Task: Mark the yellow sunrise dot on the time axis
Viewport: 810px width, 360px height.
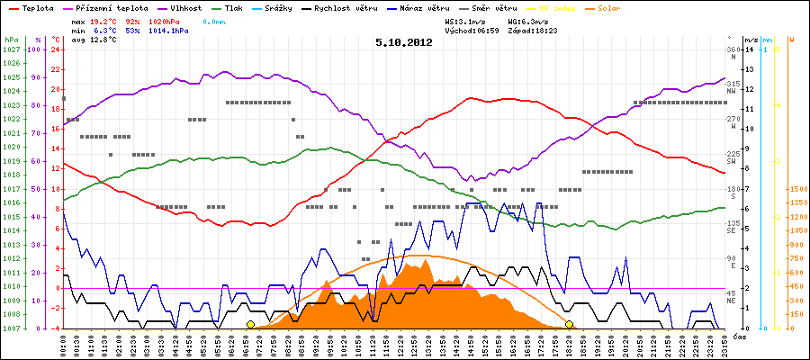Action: (250, 324)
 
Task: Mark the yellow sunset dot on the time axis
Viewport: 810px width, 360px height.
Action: (570, 324)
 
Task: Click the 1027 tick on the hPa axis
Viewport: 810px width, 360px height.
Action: (11, 49)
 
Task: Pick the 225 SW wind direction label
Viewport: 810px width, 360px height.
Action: (733, 158)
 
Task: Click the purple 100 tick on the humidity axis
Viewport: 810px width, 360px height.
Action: (35, 49)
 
